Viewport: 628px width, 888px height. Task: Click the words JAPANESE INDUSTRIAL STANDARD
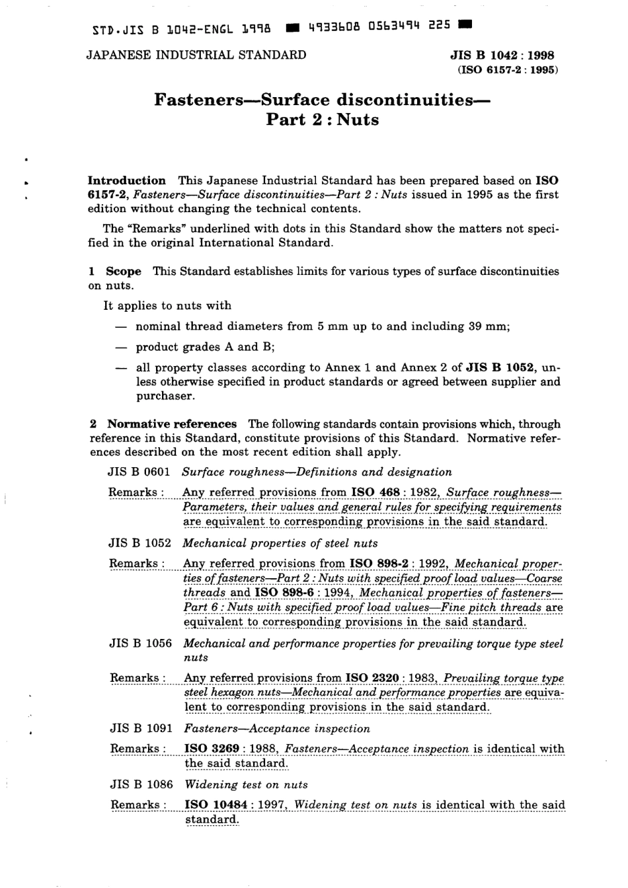tap(196, 55)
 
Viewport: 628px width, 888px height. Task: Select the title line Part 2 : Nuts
tap(322, 120)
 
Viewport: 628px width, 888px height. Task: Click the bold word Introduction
tap(127, 180)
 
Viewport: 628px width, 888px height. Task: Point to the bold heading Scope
tap(124, 271)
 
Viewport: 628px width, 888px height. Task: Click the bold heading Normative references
tap(172, 424)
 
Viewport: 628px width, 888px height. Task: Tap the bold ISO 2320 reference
tap(372, 678)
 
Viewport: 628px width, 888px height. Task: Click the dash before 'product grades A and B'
tap(120, 347)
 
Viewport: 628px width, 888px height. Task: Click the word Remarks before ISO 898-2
tap(134, 563)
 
